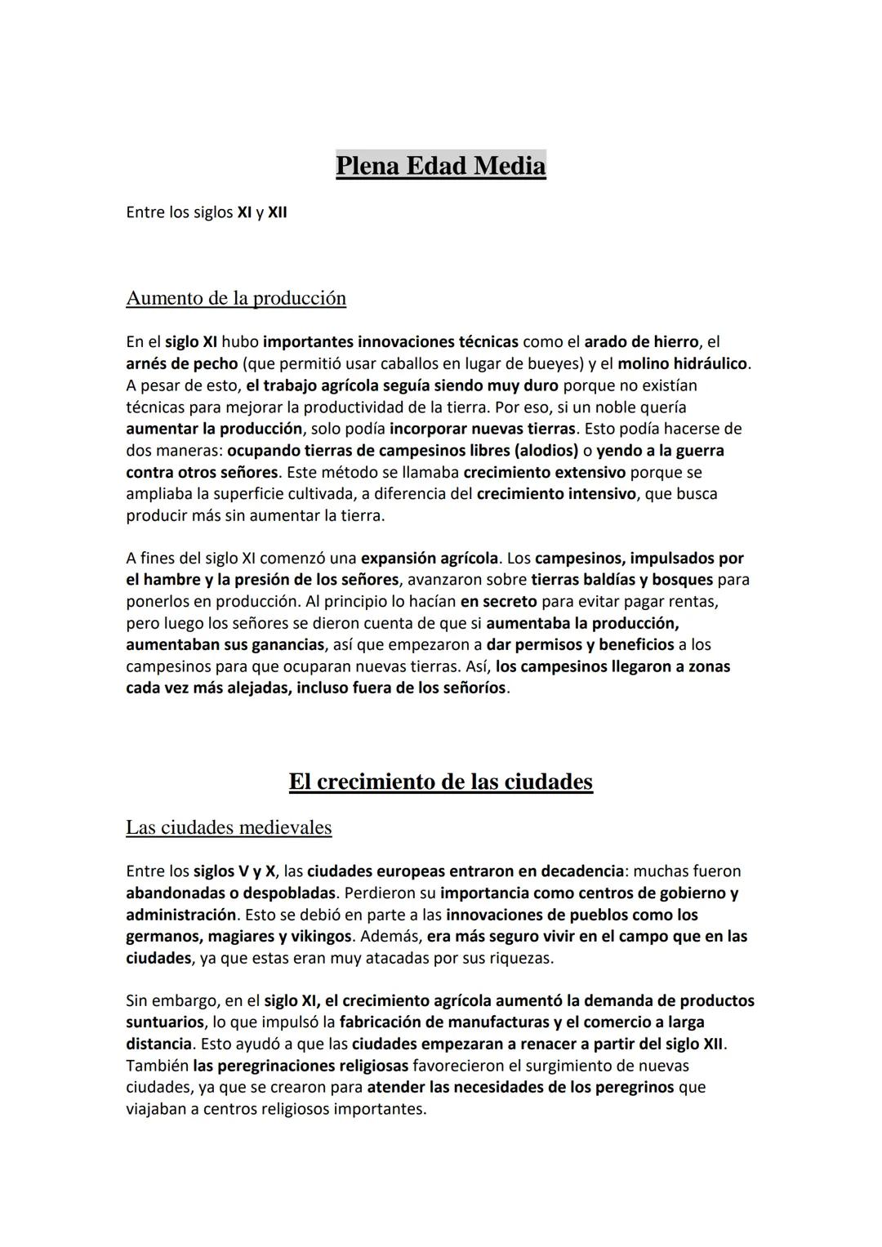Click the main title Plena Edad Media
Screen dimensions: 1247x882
click(x=440, y=166)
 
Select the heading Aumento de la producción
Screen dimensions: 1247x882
click(x=236, y=298)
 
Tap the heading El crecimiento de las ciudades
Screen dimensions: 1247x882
click(x=440, y=782)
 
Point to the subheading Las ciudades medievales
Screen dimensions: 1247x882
click(x=229, y=827)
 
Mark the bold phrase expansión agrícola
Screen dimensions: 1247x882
click(x=430, y=559)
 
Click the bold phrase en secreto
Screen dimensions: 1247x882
click(x=499, y=602)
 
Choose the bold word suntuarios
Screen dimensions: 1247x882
click(x=165, y=1022)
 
